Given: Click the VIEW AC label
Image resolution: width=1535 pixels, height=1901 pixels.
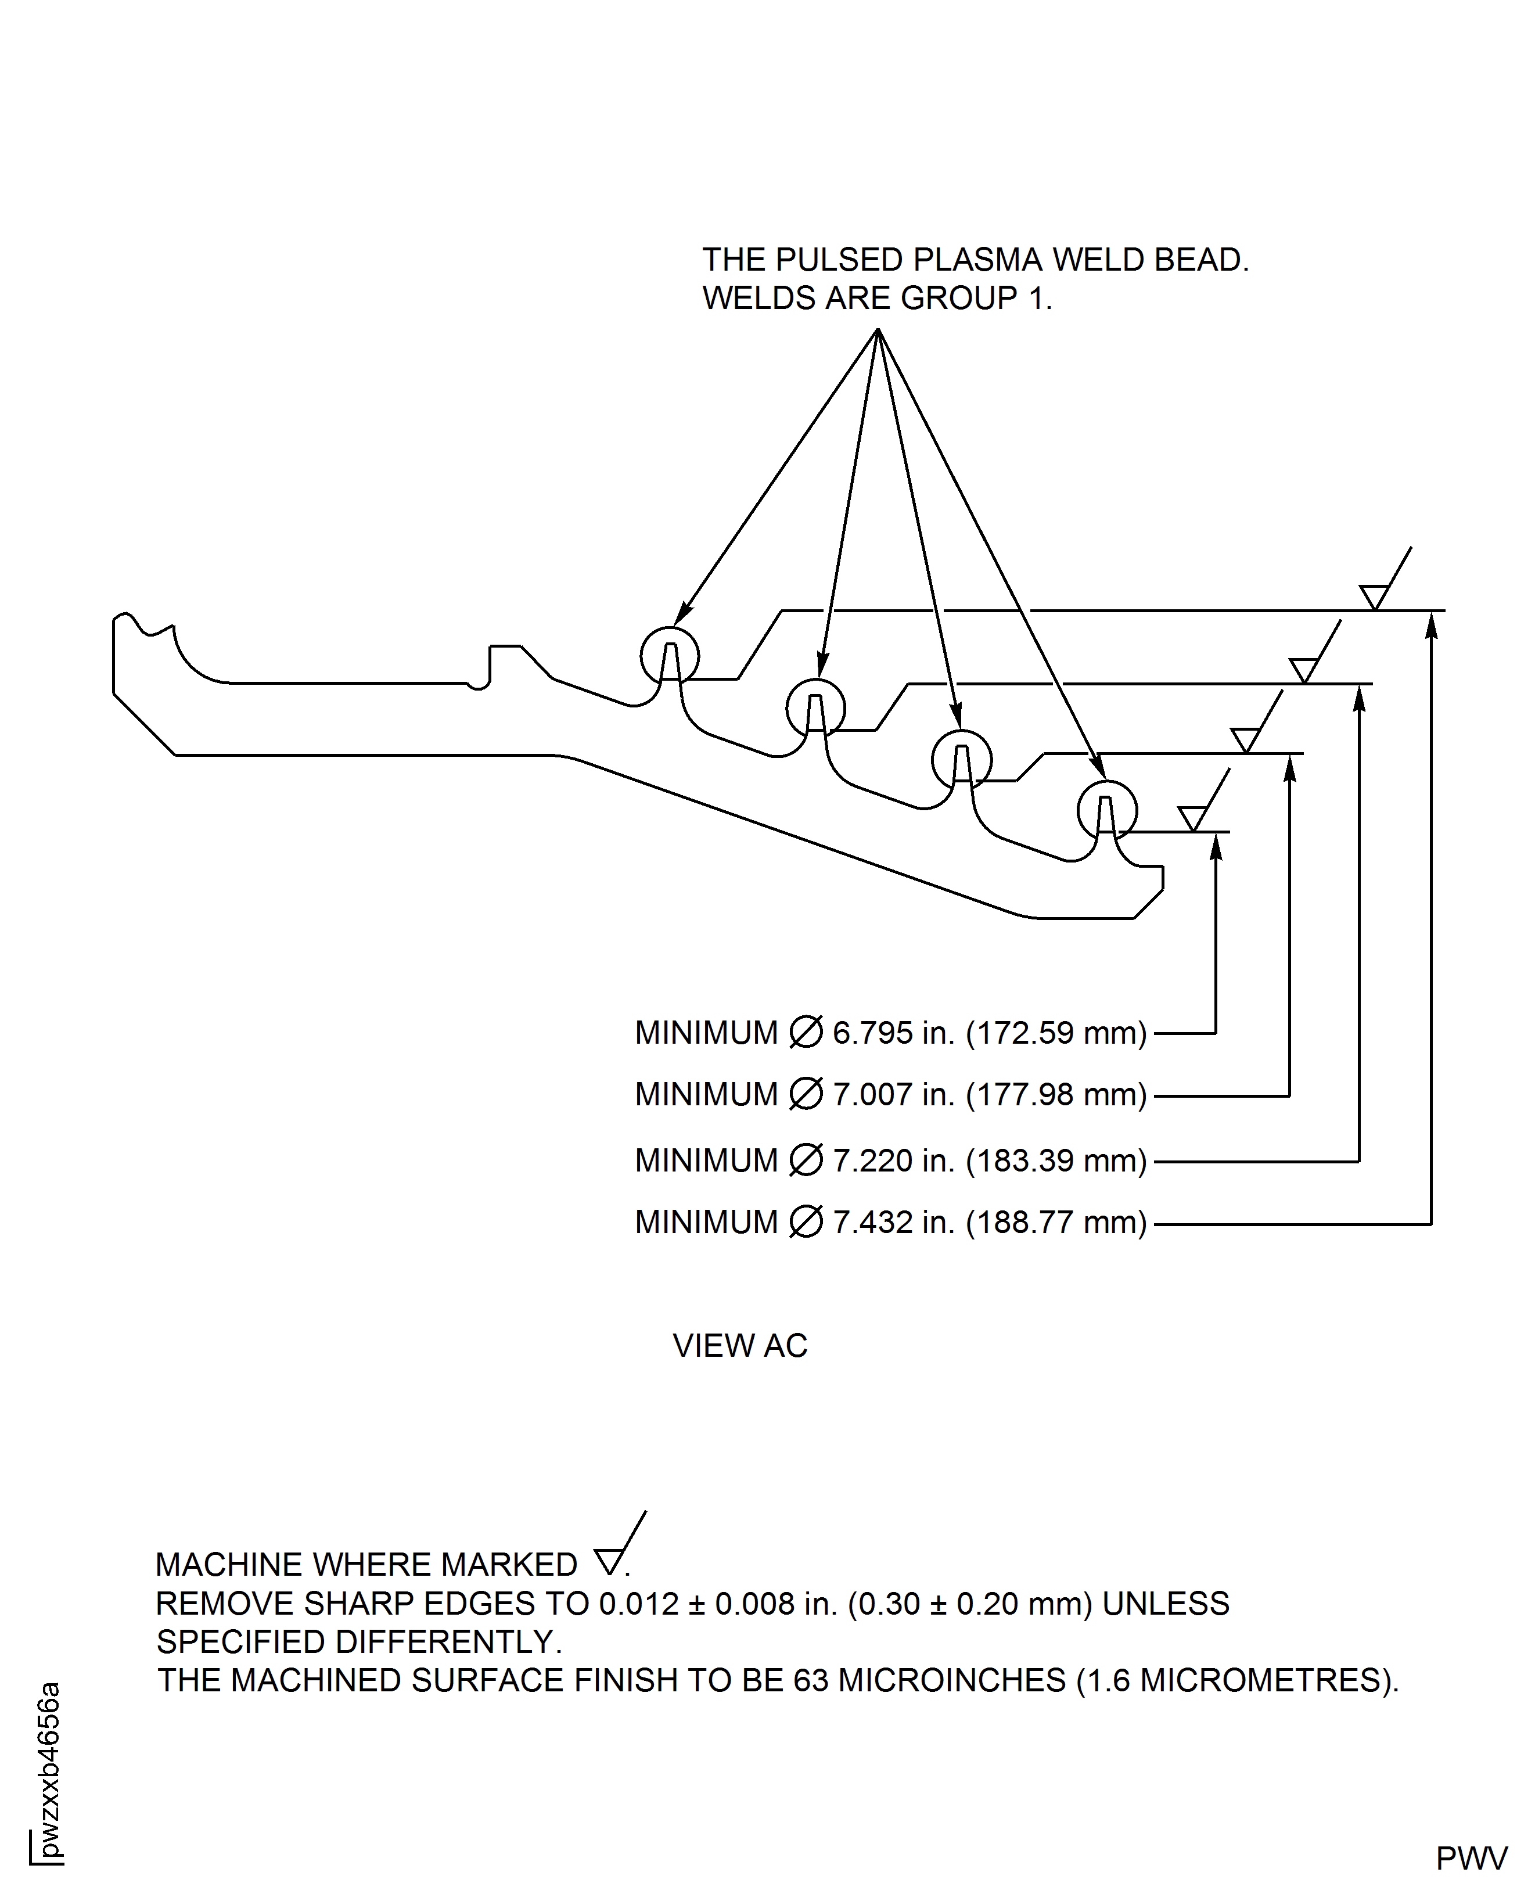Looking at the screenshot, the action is point(740,1346).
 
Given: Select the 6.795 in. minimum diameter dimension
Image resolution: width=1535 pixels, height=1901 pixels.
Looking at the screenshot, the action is point(890,1033).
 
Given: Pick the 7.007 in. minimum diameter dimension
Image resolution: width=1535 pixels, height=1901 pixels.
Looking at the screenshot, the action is point(890,1095).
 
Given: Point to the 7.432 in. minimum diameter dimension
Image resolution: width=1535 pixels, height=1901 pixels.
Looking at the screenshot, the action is point(890,1222).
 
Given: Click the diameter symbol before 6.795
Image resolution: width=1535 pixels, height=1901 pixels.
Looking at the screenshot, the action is point(806,1032).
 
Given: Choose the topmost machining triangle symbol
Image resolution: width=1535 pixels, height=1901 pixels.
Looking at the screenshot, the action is point(1374,598).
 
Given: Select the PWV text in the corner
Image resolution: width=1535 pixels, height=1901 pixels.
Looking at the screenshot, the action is point(1471,1859).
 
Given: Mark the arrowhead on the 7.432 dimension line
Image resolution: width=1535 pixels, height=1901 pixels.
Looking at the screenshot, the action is point(1432,624).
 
